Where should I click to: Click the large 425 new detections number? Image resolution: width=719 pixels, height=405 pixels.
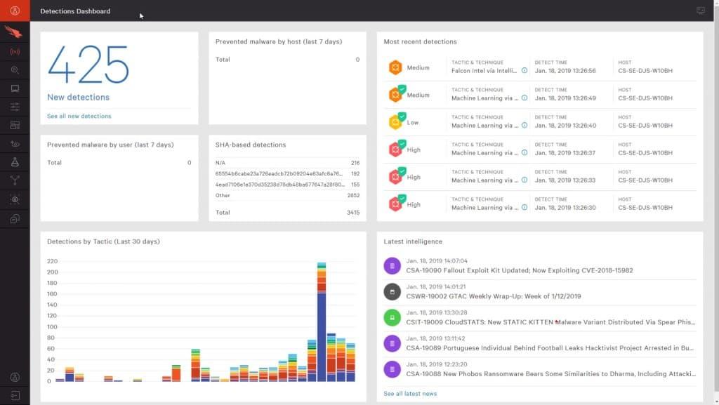coord(88,65)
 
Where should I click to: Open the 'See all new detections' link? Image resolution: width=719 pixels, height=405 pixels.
coord(79,116)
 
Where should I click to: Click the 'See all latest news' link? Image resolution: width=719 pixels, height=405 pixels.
coord(410,394)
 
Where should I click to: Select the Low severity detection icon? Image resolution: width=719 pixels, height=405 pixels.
coord(397,122)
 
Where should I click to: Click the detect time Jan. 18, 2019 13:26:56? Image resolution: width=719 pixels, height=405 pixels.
coord(565,71)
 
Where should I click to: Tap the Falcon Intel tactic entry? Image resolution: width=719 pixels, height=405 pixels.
coord(484,71)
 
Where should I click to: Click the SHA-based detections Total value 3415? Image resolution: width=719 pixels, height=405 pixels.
coord(353,212)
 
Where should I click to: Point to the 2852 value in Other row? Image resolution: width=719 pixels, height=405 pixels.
coord(353,195)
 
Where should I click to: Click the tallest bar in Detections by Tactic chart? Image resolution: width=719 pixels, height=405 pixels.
coord(321,322)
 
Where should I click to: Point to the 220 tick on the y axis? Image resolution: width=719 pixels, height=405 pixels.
coord(53,261)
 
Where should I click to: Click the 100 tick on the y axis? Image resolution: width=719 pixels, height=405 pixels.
coord(53,327)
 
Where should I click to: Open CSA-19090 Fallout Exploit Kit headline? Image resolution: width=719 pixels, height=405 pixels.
coord(520,270)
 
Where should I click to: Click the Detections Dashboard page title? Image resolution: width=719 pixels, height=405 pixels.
coord(75,11)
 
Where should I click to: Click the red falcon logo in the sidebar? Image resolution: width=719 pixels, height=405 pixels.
coord(15,32)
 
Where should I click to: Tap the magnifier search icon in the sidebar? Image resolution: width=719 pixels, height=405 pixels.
coord(15,70)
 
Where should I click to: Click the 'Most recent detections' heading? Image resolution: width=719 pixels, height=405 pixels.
coord(420,42)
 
